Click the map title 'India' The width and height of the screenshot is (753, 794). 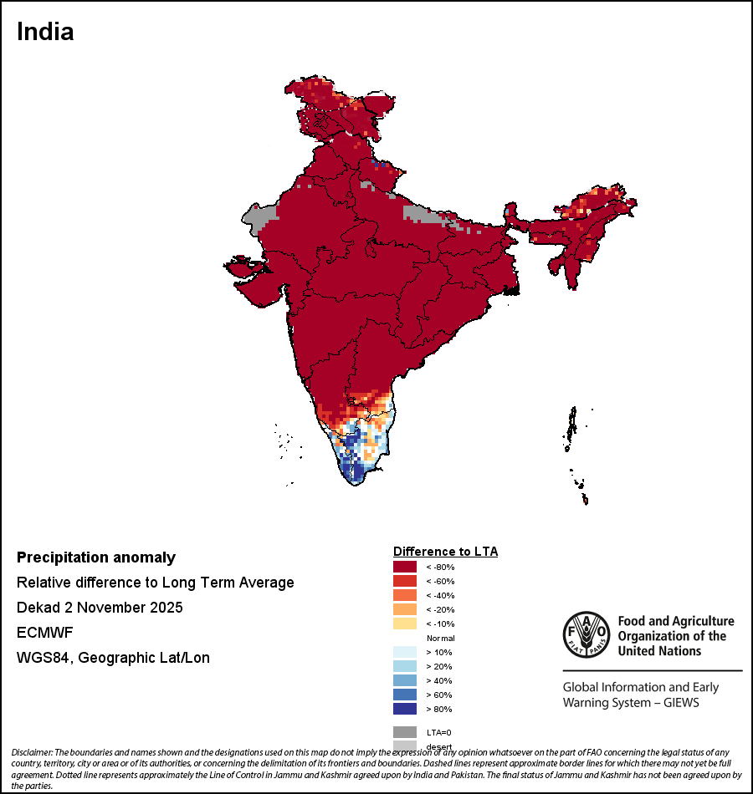pos(45,32)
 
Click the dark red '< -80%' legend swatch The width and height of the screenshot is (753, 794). pos(405,567)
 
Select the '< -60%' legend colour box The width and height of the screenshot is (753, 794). pos(405,581)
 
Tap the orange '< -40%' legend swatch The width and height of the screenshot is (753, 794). pos(405,595)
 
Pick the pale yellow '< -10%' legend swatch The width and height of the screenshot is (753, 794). pos(405,623)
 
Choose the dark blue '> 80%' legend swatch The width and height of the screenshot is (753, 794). pos(405,709)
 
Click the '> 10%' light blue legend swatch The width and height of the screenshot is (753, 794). pos(405,652)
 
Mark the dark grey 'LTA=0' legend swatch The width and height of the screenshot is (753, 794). pos(405,731)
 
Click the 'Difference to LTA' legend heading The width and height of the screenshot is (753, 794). pos(445,552)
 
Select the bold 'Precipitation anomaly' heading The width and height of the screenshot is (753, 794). pos(96,557)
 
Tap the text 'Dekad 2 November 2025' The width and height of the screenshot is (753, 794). pos(100,608)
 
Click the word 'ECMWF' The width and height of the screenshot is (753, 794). pos(45,633)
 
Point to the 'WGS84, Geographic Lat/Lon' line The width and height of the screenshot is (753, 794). pos(113,658)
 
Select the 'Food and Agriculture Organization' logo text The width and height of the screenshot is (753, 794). pos(675,635)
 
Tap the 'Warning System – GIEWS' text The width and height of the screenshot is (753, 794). pos(631,702)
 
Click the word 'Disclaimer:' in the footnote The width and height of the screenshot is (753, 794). pos(32,753)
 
